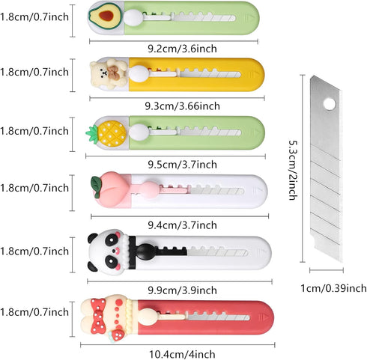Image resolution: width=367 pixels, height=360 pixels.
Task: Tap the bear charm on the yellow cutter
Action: pos(109,73)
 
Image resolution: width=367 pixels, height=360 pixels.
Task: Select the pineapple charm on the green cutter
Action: pos(106,133)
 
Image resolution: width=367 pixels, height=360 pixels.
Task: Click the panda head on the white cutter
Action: pos(106,252)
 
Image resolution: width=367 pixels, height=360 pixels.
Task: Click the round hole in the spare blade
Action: pos(330,103)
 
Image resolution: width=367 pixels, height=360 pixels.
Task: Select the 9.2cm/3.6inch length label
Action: pos(182,49)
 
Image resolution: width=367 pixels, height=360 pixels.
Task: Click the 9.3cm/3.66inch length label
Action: pos(183,106)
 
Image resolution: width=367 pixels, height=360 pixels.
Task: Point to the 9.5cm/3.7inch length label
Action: pos(182,165)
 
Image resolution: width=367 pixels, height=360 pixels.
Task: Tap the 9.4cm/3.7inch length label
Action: pos(182,225)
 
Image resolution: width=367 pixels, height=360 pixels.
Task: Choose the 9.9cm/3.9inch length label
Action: pos(182,290)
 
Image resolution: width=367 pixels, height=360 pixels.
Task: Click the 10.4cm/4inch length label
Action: pos(182,354)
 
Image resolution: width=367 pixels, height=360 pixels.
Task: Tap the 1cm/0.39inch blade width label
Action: pos(333,288)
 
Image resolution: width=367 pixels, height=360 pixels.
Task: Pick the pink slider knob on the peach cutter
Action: pos(150,190)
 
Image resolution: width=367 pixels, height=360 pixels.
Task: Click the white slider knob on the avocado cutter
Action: pos(133,18)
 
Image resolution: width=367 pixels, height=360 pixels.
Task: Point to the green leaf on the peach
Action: pos(97,184)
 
